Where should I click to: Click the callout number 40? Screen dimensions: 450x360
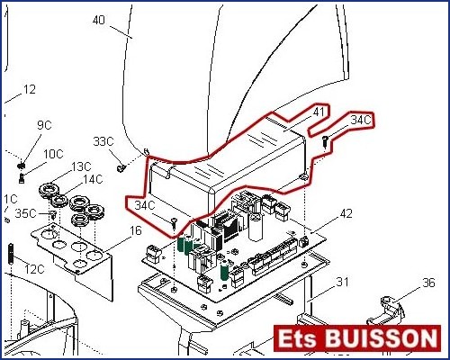coord(99,20)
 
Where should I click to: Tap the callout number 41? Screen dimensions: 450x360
coord(319,112)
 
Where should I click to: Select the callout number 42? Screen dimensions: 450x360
coord(346,213)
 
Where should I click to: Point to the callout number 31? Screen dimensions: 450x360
coord(342,282)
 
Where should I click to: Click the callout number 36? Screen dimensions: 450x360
coord(428,283)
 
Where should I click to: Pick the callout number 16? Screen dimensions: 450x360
coord(136,230)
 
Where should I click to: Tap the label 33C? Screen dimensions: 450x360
coord(103,141)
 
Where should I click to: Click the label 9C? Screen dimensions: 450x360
coord(44,125)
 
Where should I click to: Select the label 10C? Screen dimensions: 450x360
coord(53,154)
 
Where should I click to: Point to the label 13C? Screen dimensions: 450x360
coord(81,166)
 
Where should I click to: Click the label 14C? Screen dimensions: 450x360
coord(93,179)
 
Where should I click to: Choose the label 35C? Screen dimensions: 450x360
coord(25,213)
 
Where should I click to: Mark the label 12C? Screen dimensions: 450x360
coord(34,269)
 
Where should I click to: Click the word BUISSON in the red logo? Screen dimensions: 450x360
coord(382,338)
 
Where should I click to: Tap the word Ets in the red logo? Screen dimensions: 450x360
coord(298,338)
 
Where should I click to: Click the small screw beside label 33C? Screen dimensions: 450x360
coord(121,168)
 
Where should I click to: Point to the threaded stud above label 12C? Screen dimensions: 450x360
coord(12,254)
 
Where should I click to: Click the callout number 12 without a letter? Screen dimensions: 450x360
coord(30,89)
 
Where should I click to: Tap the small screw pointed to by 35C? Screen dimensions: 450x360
coord(53,215)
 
